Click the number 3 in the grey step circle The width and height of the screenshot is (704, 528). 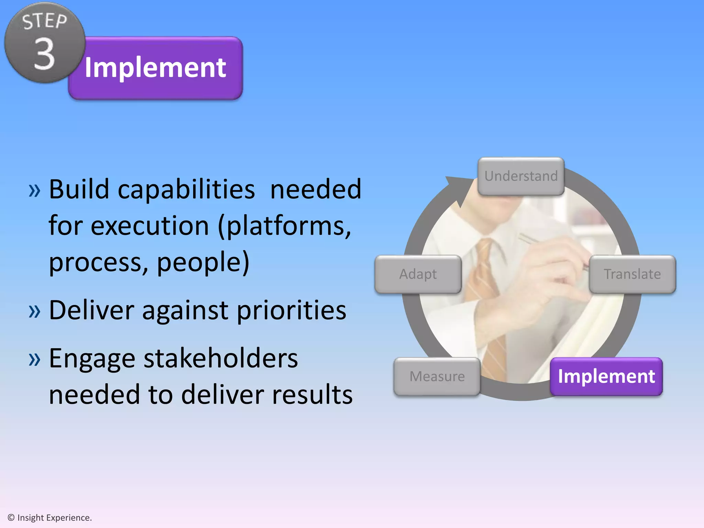(45, 54)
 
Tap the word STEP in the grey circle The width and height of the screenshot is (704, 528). (45, 21)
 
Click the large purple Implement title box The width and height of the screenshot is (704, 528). (155, 68)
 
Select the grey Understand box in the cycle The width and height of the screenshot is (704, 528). (521, 176)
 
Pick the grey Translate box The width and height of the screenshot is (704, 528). (632, 274)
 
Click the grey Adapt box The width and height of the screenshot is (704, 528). (418, 274)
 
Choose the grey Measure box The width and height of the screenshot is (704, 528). (437, 376)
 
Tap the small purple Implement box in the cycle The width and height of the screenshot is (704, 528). (606, 376)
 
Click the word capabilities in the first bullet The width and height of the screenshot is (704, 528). (186, 189)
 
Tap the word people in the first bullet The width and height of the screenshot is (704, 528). (203, 262)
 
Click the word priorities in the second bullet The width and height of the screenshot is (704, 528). (291, 310)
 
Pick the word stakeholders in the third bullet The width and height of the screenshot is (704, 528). (220, 359)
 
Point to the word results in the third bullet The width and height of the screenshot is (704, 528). (312, 394)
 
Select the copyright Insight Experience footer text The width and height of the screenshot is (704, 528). (50, 518)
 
